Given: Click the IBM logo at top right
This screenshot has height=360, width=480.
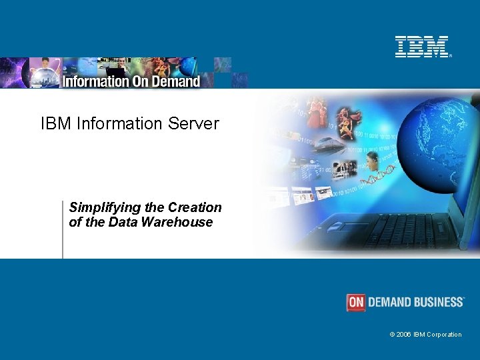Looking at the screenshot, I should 423,47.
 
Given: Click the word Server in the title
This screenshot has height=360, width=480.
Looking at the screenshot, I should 195,123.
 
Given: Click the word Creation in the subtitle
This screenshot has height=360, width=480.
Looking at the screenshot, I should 195,207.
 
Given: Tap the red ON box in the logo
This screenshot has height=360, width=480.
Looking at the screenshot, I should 356,302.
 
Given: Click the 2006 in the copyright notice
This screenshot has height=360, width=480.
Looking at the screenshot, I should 404,335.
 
